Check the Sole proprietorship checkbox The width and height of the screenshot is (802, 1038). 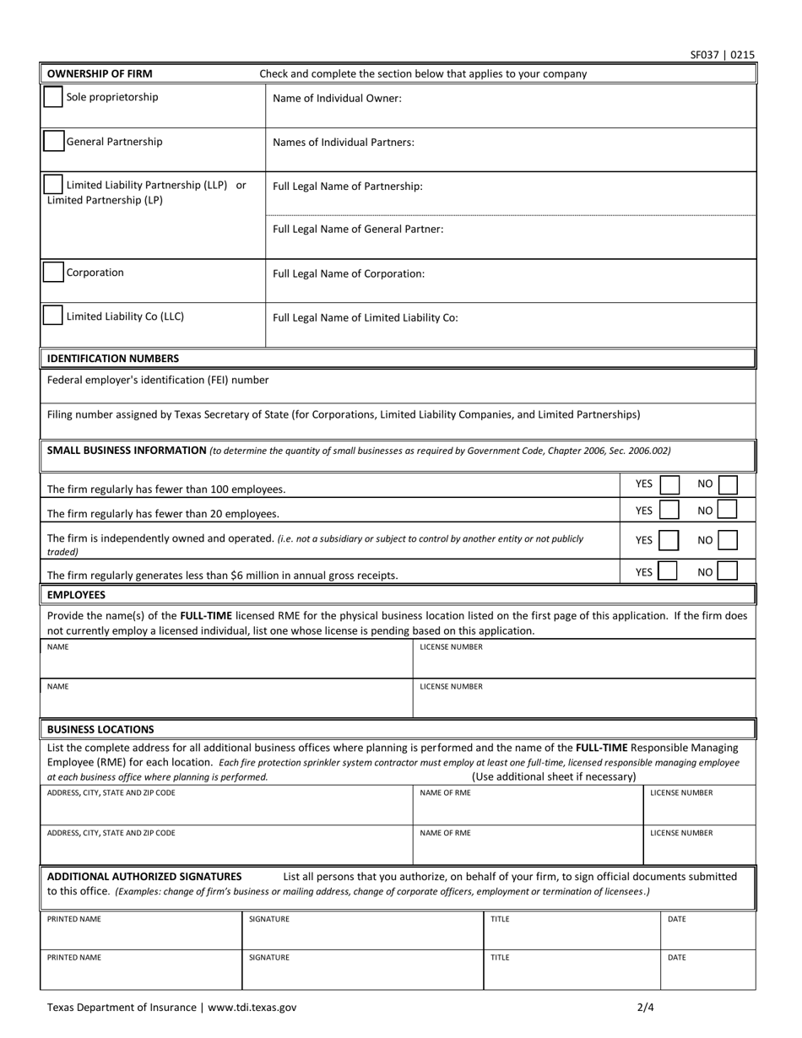pos(53,97)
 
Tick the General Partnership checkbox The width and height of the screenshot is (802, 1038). pos(53,142)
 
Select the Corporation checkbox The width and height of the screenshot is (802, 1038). pos(53,273)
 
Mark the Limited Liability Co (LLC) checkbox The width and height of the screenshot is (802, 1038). pos(53,316)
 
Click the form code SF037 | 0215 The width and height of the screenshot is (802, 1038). pos(722,55)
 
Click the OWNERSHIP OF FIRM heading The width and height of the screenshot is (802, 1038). pos(100,73)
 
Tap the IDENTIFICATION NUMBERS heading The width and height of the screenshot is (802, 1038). pos(112,358)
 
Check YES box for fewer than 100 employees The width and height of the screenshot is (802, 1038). pos(669,484)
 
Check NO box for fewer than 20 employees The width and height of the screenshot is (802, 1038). pos(727,510)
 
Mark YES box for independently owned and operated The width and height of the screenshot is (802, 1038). pos(669,540)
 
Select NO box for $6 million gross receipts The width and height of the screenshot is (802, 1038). pos(727,571)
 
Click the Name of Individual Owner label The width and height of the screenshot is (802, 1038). pos(337,98)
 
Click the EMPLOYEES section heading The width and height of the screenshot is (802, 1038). pos(76,595)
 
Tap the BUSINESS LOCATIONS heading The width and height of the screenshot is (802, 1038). pos(100,729)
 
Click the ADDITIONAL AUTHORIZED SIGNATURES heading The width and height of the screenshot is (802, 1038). pos(144,876)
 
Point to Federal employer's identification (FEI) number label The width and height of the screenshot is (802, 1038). pos(158,380)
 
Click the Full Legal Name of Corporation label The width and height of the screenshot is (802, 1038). pos(349,273)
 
